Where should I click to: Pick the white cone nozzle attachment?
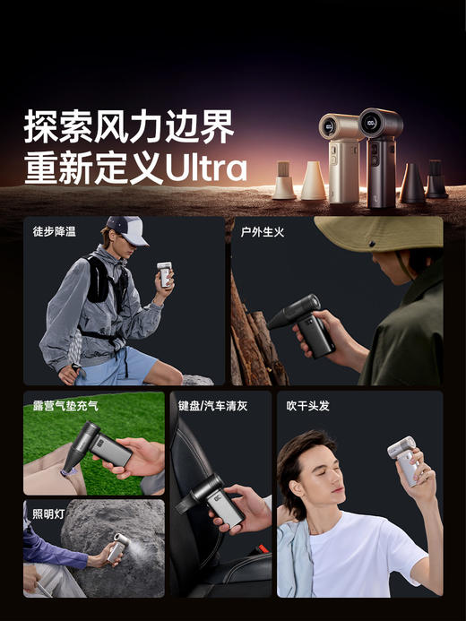313,182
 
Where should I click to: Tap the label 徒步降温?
54,231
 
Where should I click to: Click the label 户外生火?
262,231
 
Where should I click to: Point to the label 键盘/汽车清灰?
212,405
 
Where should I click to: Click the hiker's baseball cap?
125,229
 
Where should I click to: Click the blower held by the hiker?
164,273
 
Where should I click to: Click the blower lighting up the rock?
115,547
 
